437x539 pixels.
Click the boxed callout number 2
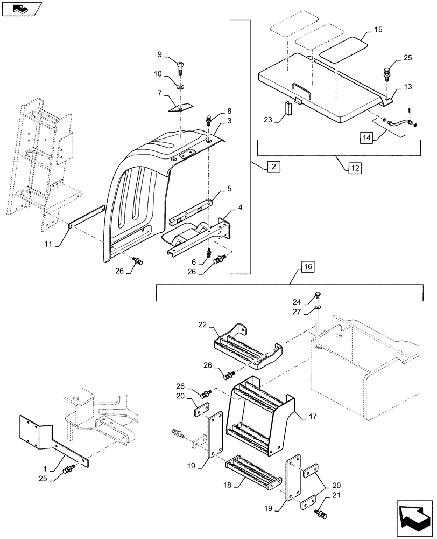[273, 167]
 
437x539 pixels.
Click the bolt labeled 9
[181, 65]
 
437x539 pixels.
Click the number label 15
[378, 29]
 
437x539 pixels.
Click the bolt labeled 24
[319, 295]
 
